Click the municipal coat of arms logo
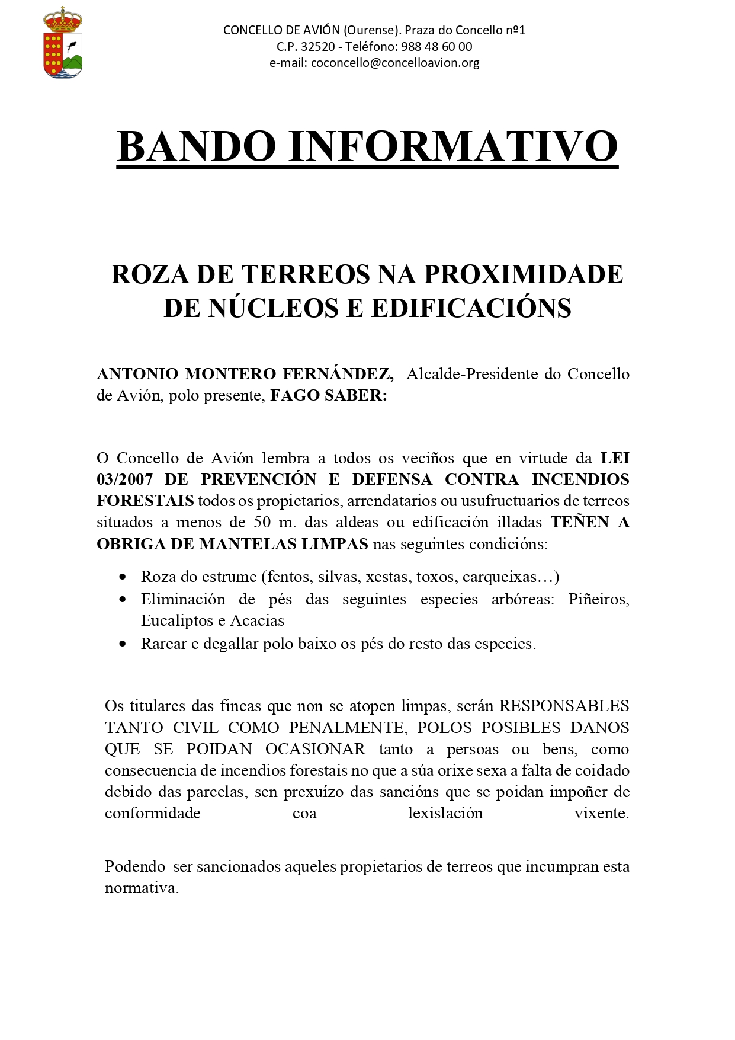pyautogui.click(x=62, y=43)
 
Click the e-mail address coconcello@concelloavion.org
pyautogui.click(x=395, y=63)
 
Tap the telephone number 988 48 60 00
pyautogui.click(x=436, y=47)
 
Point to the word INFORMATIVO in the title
pyautogui.click(x=453, y=146)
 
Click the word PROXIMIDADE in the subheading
pyautogui.click(x=524, y=274)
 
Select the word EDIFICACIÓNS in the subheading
pyautogui.click(x=471, y=308)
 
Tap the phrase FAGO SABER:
pyautogui.click(x=329, y=395)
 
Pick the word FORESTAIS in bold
pyautogui.click(x=145, y=501)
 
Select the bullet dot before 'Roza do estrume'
pyautogui.click(x=123, y=577)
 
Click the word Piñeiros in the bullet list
pyautogui.click(x=598, y=599)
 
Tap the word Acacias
pyautogui.click(x=257, y=620)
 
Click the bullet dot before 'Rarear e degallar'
pyautogui.click(x=123, y=644)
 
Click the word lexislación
pyautogui.click(x=445, y=813)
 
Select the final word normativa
pyautogui.click(x=142, y=888)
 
